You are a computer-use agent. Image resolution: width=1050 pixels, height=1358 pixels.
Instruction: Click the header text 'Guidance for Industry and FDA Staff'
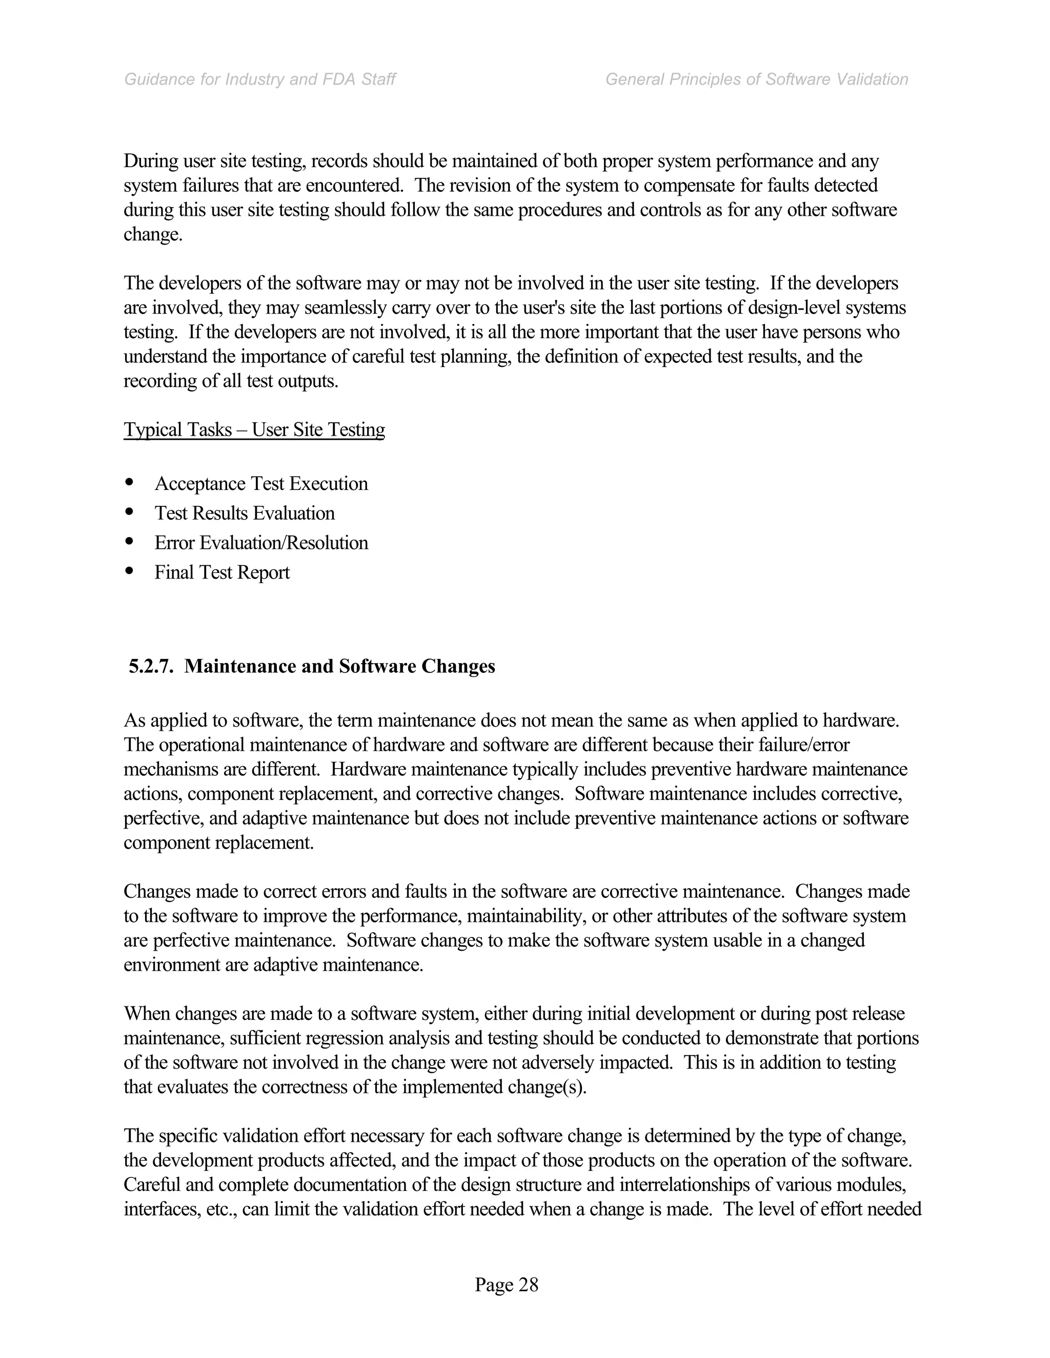(x=259, y=79)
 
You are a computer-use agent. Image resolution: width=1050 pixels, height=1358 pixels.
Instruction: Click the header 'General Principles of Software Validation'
(x=756, y=79)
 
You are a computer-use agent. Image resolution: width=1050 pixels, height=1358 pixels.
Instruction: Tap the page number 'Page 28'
(x=507, y=1285)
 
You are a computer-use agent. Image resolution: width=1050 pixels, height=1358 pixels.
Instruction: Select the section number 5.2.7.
(x=151, y=667)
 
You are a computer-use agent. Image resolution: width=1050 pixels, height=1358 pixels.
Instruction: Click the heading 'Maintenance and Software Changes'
(x=339, y=667)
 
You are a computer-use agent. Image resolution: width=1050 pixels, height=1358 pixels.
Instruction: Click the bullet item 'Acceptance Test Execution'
(x=261, y=484)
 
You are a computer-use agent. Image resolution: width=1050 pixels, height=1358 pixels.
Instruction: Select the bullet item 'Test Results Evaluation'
(x=245, y=513)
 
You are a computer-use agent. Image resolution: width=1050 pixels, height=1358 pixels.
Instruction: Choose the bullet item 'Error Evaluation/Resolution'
(x=261, y=543)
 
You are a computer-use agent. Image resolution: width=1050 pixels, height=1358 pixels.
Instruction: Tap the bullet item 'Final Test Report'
(x=222, y=573)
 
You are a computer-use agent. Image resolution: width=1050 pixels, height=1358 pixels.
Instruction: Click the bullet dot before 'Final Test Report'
(x=129, y=570)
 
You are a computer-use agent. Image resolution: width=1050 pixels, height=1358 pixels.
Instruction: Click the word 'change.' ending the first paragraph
(x=153, y=235)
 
